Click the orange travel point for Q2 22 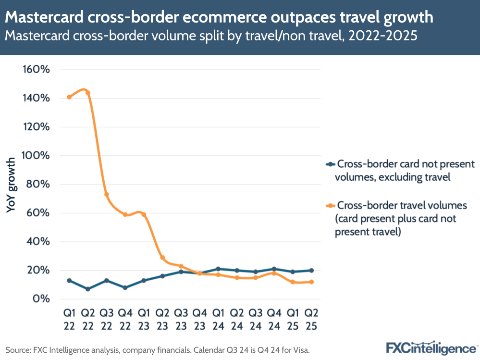(87, 93)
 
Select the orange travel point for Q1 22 (69, 97)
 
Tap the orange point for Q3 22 (107, 195)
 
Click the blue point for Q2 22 (87, 289)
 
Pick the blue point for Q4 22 (125, 287)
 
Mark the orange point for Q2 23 (162, 258)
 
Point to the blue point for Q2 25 (311, 270)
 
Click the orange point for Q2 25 (311, 282)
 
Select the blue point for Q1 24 (218, 269)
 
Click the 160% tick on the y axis (37, 69)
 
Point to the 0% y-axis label (42, 298)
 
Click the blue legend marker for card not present (330, 164)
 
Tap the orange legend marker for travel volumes (330, 206)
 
